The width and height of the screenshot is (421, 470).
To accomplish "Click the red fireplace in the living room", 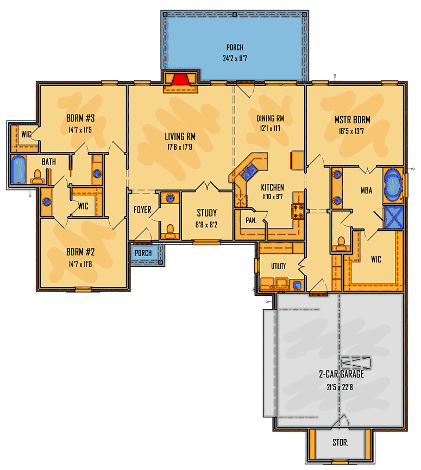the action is click(x=180, y=79).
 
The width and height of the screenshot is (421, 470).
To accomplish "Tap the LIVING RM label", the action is click(x=180, y=137).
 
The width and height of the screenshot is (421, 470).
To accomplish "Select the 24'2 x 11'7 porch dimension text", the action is click(x=235, y=58).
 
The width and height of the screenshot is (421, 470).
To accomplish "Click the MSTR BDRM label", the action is click(x=353, y=120).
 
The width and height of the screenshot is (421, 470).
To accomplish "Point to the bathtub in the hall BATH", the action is click(x=18, y=169).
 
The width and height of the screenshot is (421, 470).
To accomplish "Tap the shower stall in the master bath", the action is click(x=394, y=217).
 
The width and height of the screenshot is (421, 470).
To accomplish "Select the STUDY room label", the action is click(x=207, y=213).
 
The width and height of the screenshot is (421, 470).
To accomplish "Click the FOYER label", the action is click(x=142, y=209).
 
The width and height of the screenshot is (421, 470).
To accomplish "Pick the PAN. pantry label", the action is click(x=251, y=220).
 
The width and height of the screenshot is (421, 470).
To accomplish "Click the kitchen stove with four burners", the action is click(x=298, y=211).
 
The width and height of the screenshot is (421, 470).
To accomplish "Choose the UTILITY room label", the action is click(x=279, y=266).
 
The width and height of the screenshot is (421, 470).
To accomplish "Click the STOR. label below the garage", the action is click(x=340, y=442).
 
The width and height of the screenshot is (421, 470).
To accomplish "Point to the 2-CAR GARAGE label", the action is click(x=342, y=374).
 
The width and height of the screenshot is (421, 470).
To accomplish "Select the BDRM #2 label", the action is click(x=80, y=252).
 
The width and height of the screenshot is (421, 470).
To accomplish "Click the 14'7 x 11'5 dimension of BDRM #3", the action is click(x=80, y=130).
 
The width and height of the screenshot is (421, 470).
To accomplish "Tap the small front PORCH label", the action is click(x=143, y=253).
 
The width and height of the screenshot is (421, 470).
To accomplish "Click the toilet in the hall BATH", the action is click(x=37, y=177).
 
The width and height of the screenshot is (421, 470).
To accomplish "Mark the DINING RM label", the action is click(x=270, y=118).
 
